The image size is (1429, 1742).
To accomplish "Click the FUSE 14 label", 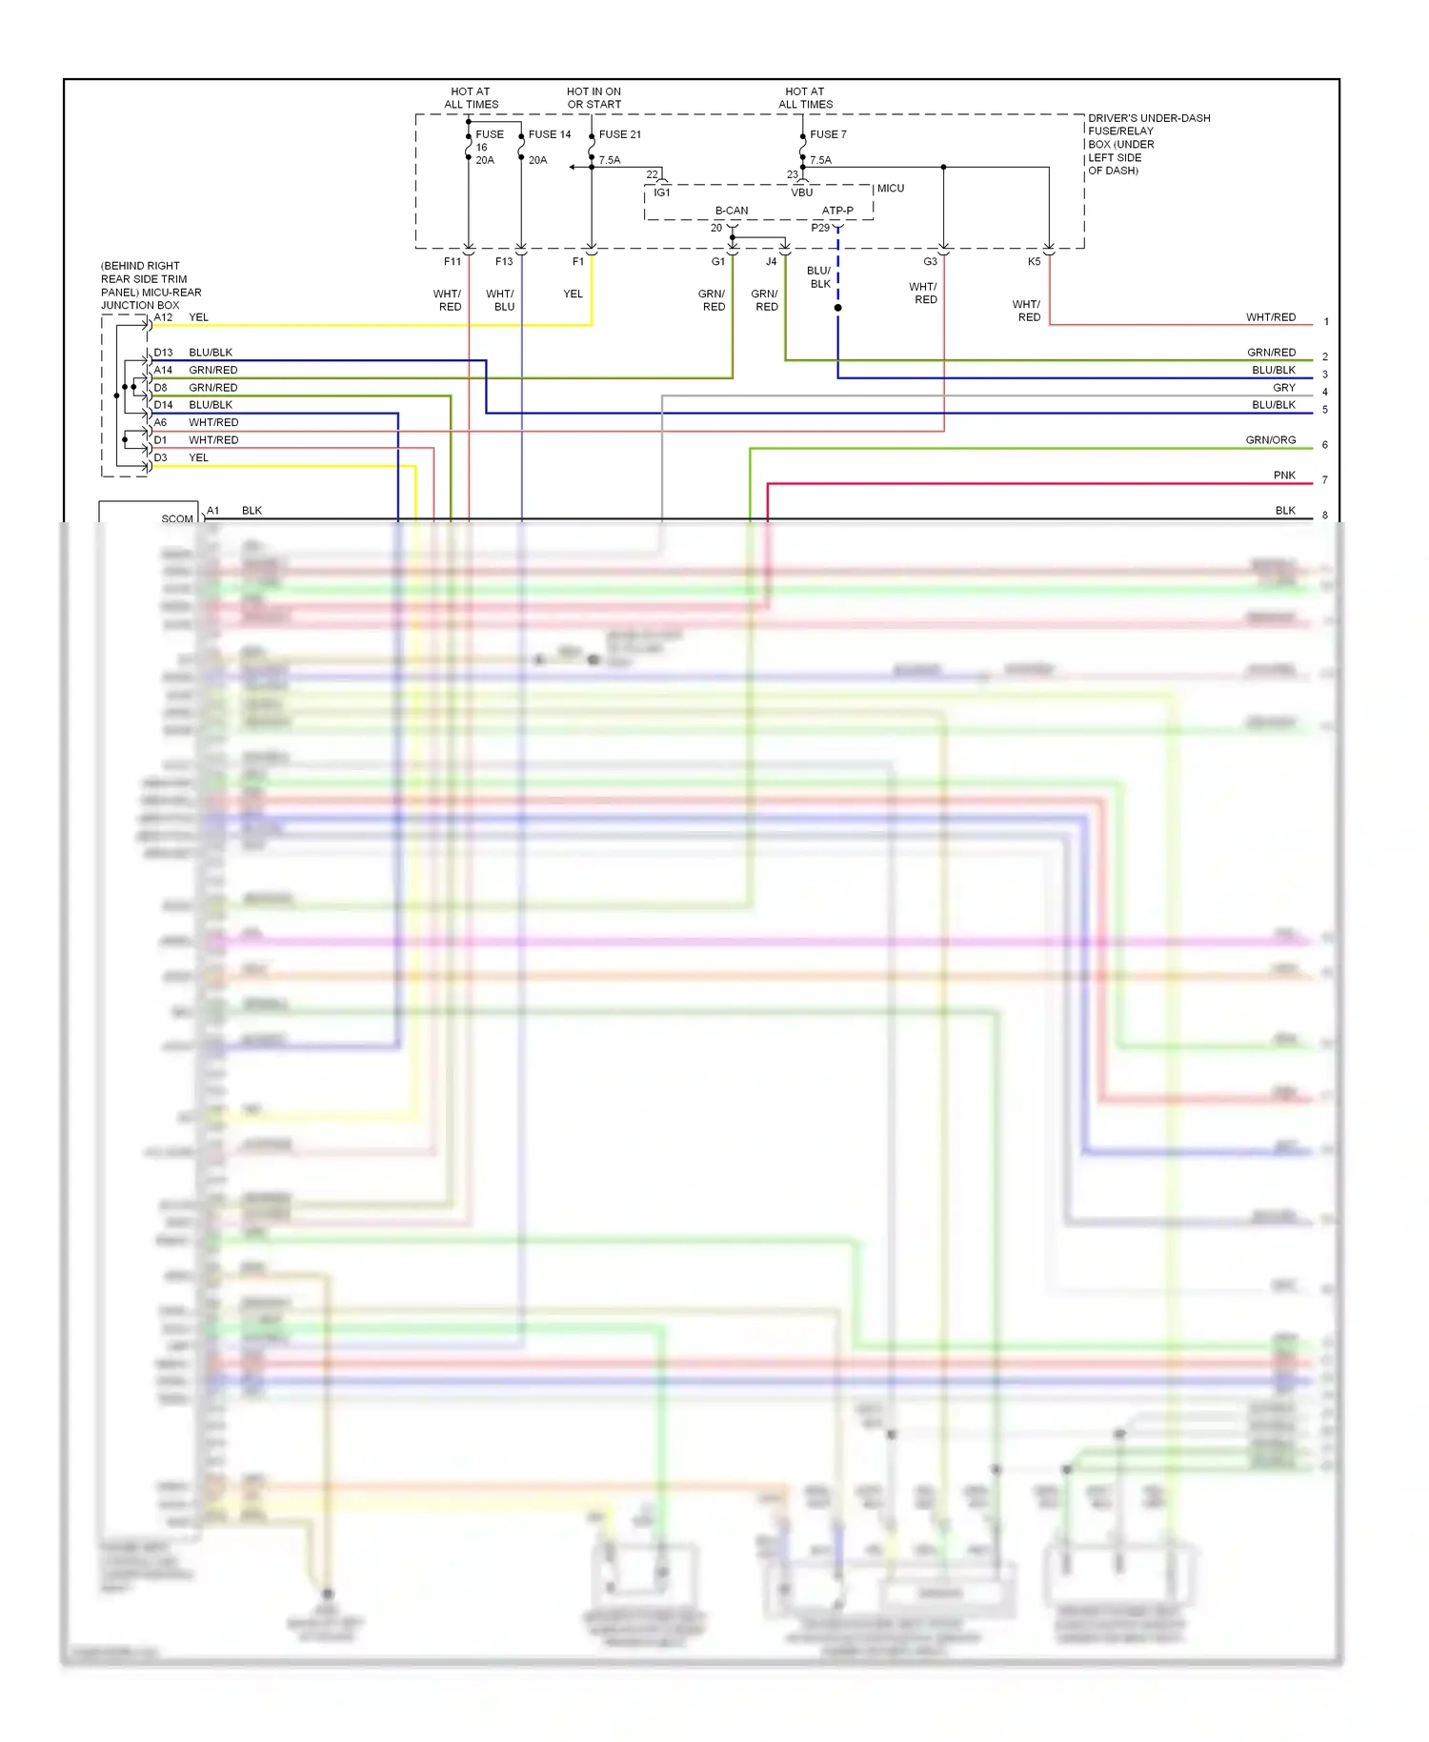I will point(550,134).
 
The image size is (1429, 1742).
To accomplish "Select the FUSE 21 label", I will point(620,134).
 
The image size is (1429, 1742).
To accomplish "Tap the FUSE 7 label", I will point(828,134).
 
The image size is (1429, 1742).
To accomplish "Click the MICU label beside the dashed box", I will point(891,189).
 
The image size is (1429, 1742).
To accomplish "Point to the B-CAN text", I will point(732,211).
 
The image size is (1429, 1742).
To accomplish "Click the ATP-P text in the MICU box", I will point(837,211).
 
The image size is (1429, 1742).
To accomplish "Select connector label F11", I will point(453,261).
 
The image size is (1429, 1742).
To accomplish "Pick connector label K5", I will point(1034,261).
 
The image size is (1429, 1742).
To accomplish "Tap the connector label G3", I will point(930,261).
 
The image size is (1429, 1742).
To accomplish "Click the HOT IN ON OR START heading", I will point(594,98).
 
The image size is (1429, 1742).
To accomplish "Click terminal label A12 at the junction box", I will point(164,317).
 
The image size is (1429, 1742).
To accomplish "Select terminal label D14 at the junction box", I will point(164,405).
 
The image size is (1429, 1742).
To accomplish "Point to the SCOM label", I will point(177,519).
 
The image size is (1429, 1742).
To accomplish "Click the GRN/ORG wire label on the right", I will point(1270,440).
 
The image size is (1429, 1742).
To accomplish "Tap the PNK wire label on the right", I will point(1283,476).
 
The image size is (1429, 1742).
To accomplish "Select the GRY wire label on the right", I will point(1283,388).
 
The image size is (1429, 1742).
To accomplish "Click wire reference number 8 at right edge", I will point(1324,516).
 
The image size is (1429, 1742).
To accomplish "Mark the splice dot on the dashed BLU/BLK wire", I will point(837,308).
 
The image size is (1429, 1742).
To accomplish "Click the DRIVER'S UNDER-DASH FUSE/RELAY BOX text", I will point(1148,144).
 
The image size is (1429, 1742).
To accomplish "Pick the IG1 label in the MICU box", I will point(662,192).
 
